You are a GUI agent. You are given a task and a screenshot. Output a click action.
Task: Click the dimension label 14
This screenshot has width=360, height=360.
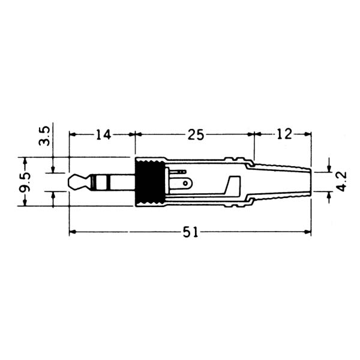103,134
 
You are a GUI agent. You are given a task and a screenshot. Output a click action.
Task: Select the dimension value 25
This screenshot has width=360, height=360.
196,134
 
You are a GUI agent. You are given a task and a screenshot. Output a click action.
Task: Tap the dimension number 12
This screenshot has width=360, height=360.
284,134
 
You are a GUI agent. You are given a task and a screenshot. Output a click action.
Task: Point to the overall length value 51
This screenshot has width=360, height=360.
190,232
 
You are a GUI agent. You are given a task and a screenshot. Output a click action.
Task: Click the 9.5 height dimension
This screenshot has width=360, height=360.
25,182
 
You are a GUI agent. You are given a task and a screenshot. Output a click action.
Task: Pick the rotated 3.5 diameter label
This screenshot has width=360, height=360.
44,136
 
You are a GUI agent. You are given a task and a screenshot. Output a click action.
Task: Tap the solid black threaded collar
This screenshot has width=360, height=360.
151,182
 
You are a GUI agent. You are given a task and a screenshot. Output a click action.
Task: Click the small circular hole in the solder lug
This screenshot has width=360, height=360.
185,183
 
